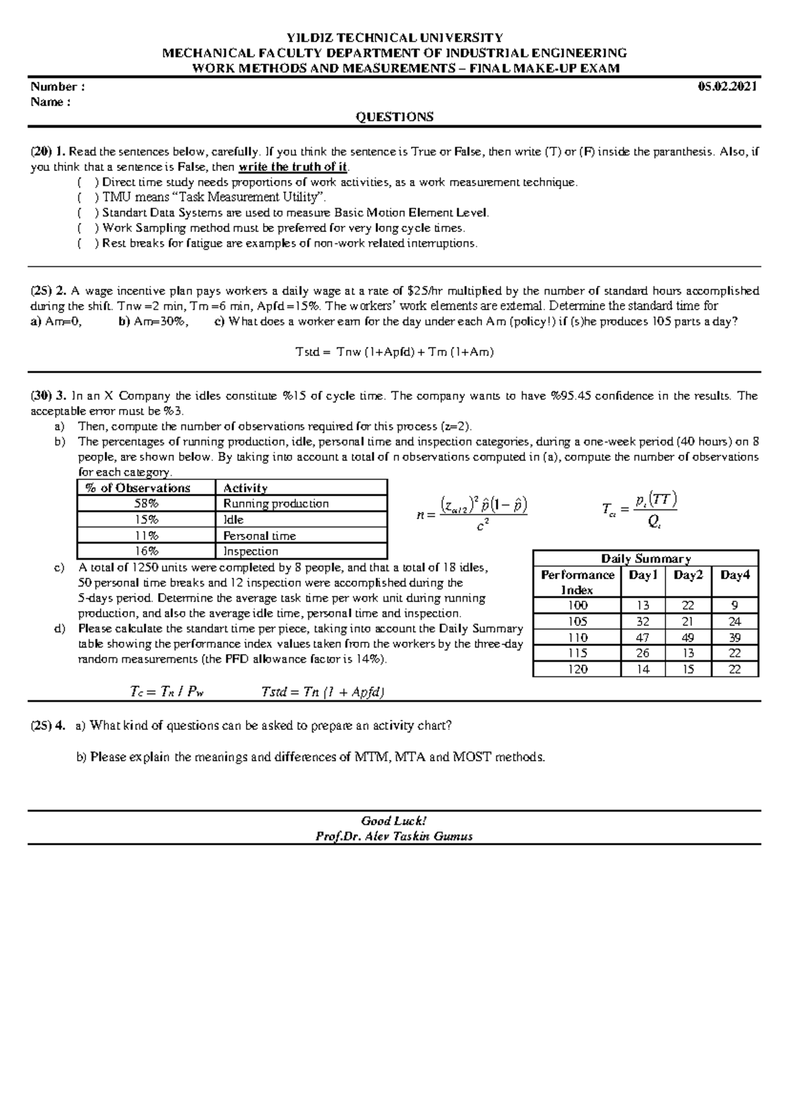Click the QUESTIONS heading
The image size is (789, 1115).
pyautogui.click(x=394, y=117)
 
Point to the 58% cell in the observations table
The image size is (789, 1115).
pyautogui.click(x=145, y=504)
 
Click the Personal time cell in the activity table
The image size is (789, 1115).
pyautogui.click(x=260, y=536)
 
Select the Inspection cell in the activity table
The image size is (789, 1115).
pyautogui.click(x=251, y=552)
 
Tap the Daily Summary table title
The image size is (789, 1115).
pyautogui.click(x=646, y=559)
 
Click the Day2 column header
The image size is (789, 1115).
pyautogui.click(x=688, y=575)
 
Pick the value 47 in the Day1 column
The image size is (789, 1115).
pyautogui.click(x=643, y=638)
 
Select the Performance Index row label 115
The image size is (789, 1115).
pyautogui.click(x=577, y=653)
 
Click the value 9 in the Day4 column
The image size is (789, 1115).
pyautogui.click(x=734, y=605)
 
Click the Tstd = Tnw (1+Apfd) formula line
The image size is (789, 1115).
pyautogui.click(x=394, y=352)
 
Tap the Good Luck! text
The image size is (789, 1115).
pyautogui.click(x=394, y=820)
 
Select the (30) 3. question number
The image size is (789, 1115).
pyautogui.click(x=49, y=396)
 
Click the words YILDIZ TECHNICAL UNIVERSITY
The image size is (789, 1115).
pyautogui.click(x=394, y=37)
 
